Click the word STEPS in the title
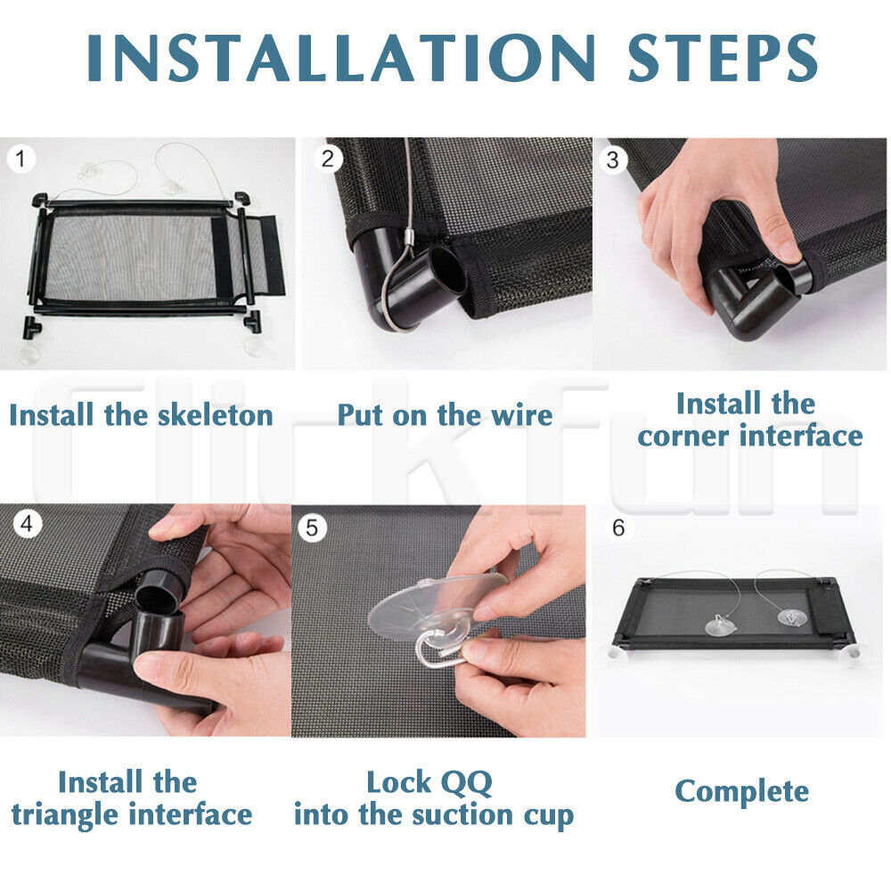click(x=723, y=58)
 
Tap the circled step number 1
click(x=21, y=159)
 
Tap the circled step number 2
click(x=327, y=159)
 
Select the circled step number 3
click(x=612, y=159)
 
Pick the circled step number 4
click(x=27, y=523)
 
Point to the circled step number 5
click(x=311, y=527)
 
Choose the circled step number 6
click(x=619, y=527)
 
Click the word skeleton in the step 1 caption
click(x=216, y=415)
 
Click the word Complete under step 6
click(x=741, y=792)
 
